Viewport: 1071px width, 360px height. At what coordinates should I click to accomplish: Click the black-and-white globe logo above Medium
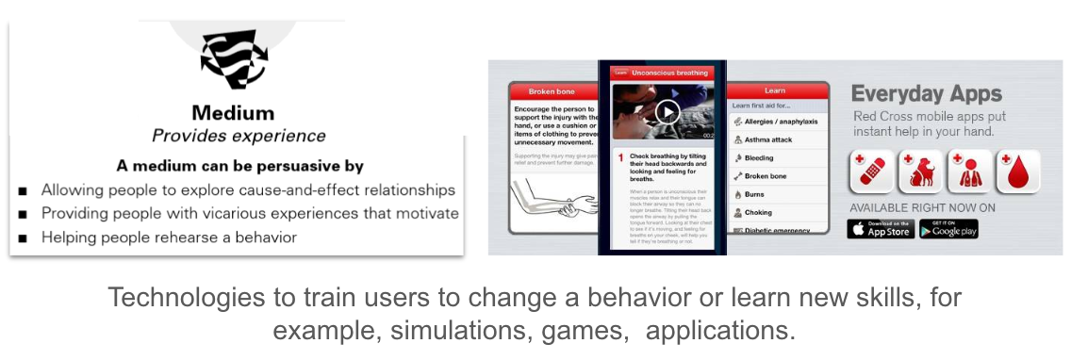pyautogui.click(x=233, y=57)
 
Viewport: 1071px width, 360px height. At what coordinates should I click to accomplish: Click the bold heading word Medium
pyautogui.click(x=233, y=113)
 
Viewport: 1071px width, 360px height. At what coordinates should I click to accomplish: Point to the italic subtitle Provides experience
pyautogui.click(x=239, y=136)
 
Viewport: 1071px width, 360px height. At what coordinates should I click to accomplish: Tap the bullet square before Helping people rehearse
pyautogui.click(x=22, y=237)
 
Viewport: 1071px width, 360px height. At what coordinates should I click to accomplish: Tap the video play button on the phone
pyautogui.click(x=667, y=112)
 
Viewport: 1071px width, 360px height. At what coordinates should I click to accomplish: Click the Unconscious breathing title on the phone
pyautogui.click(x=669, y=72)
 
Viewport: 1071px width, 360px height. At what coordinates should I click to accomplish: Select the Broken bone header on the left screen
pyautogui.click(x=552, y=91)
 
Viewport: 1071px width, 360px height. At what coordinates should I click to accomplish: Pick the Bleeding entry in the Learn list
pyautogui.click(x=759, y=158)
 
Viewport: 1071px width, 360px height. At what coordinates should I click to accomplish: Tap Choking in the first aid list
pyautogui.click(x=758, y=212)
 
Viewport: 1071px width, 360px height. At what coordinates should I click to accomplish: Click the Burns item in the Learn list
pyautogui.click(x=756, y=194)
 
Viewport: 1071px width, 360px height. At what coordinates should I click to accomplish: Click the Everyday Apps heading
pyautogui.click(x=926, y=93)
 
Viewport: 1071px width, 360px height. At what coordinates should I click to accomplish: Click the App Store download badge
pyautogui.click(x=881, y=228)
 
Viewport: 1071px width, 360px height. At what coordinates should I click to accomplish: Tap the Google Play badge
pyautogui.click(x=948, y=228)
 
